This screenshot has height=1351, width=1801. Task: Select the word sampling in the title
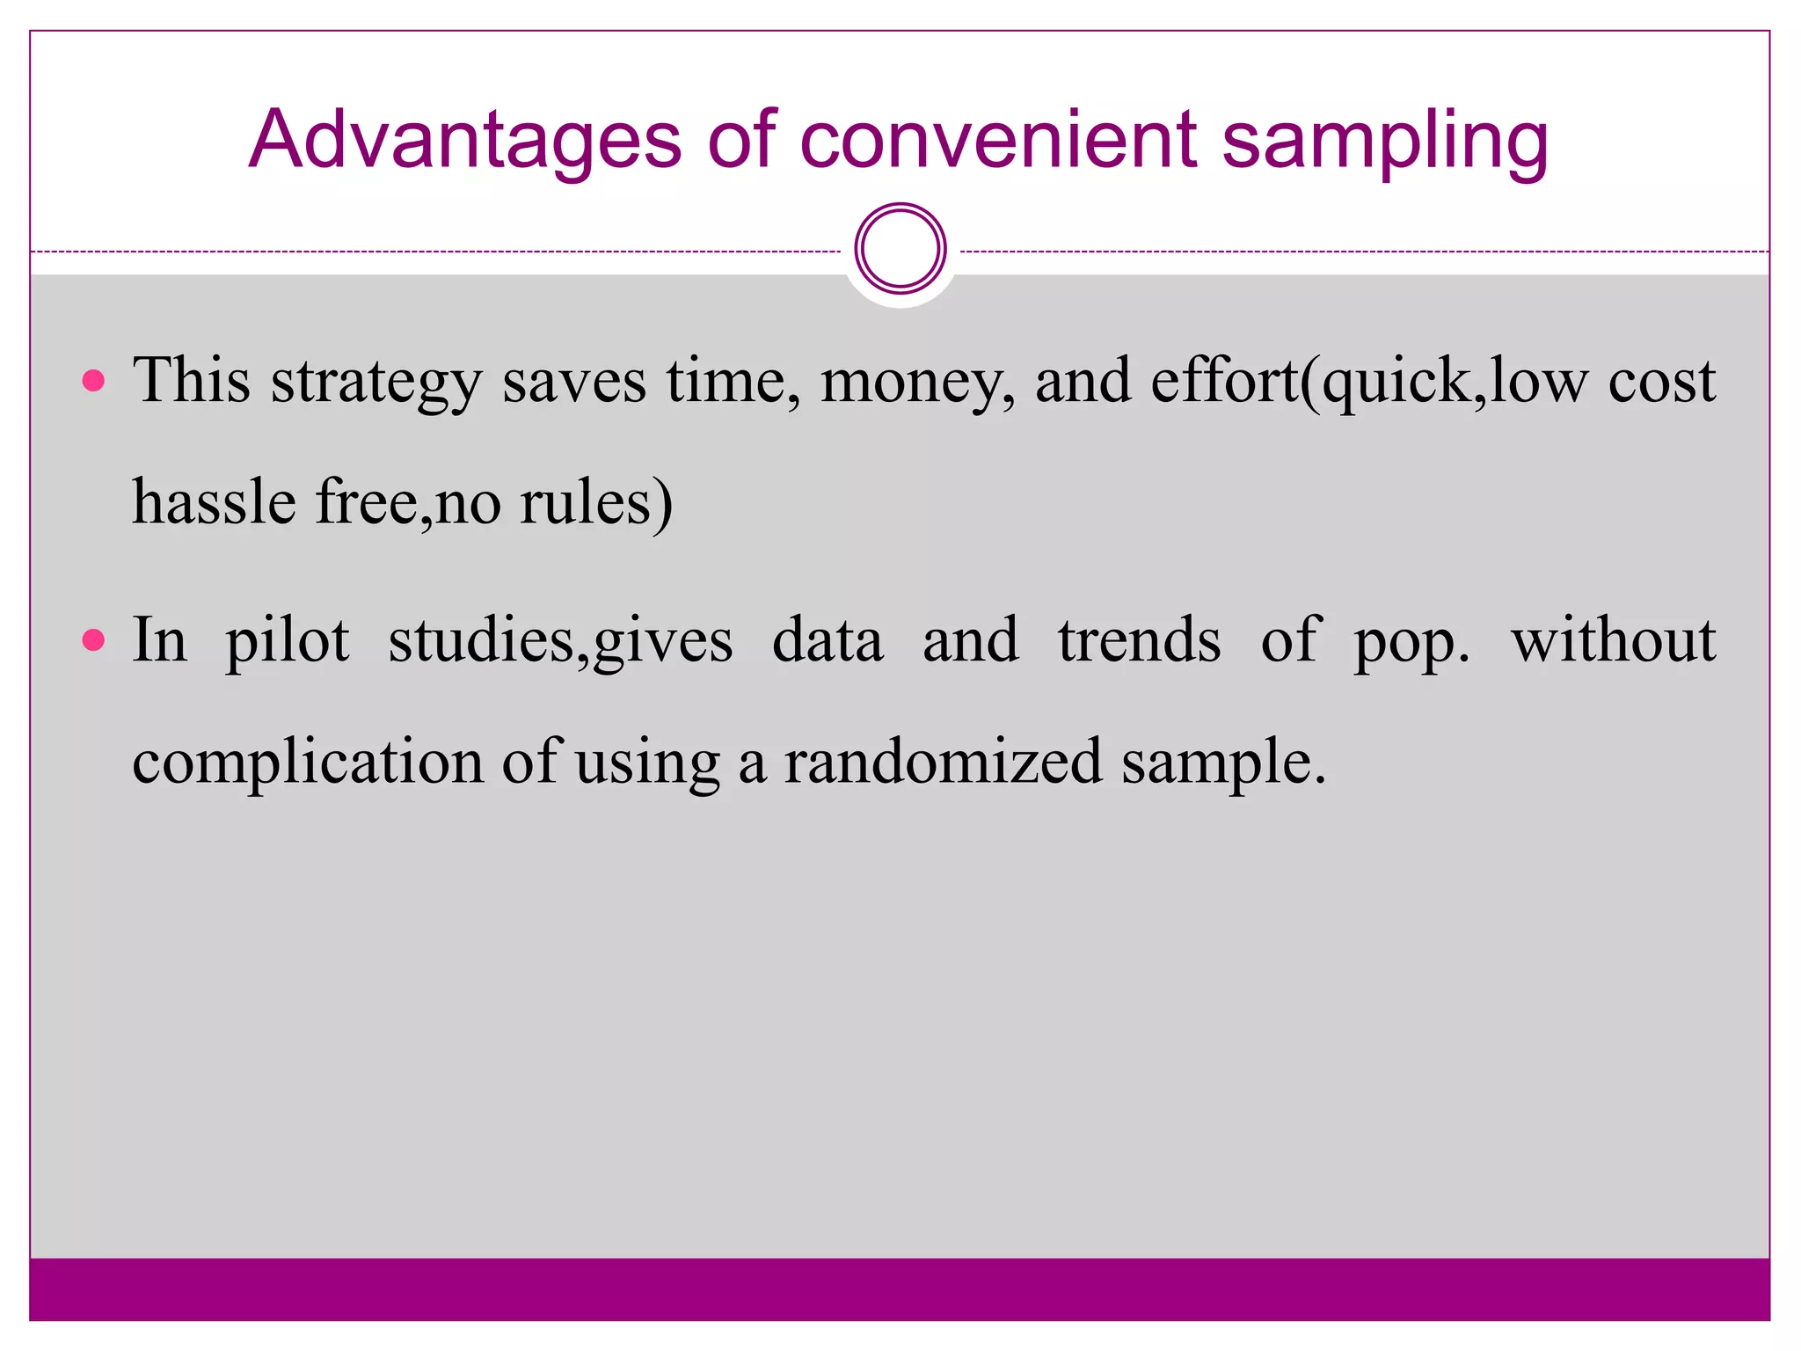1385,141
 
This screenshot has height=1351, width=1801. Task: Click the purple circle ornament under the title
900,249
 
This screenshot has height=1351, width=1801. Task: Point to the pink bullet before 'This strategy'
93,381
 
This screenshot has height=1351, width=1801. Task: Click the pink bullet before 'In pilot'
93,639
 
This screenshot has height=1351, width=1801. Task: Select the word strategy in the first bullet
376,383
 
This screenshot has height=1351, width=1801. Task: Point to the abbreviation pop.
1411,642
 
